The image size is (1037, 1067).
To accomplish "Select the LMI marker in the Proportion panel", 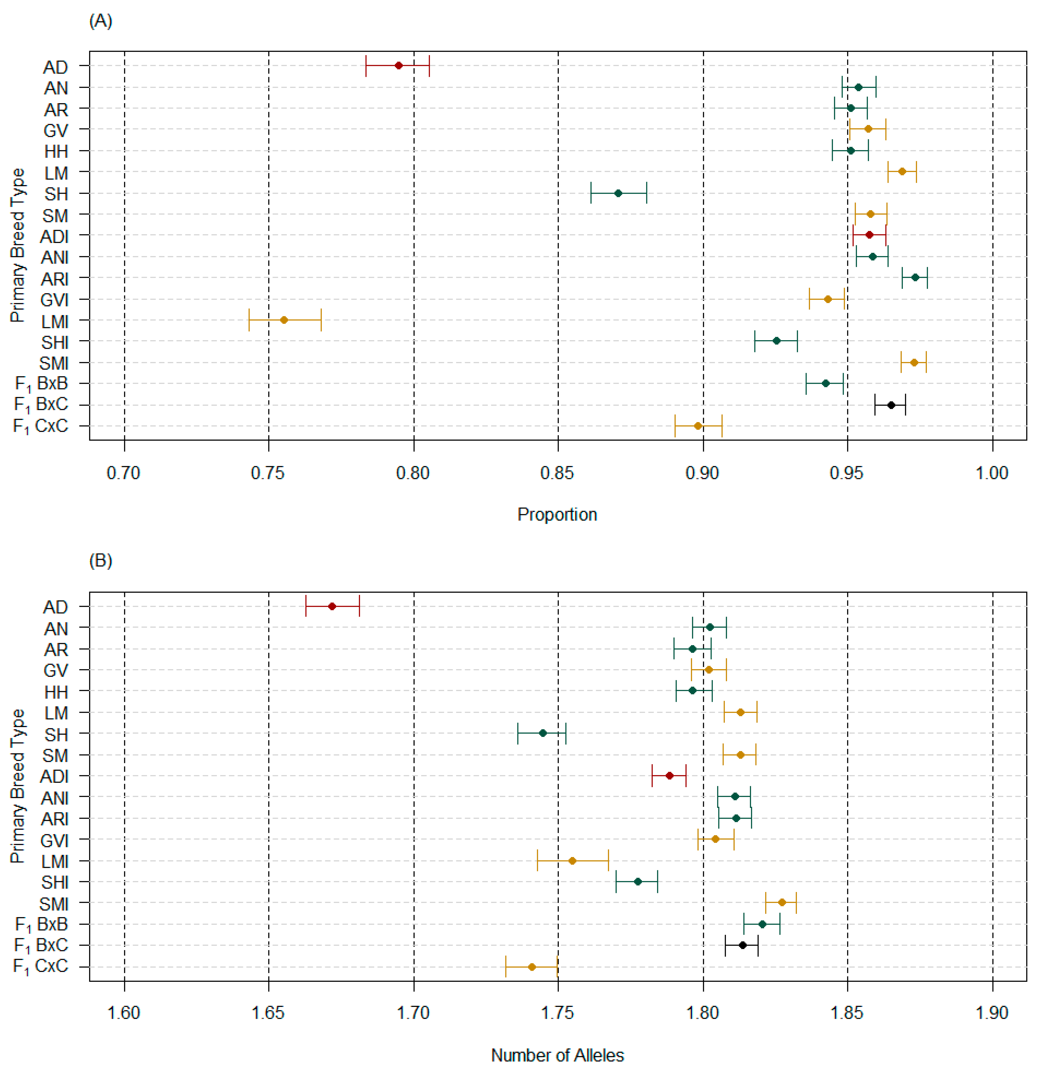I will coord(284,320).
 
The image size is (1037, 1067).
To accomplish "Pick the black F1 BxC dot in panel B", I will coord(742,945).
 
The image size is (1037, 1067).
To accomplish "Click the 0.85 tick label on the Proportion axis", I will coord(557,473).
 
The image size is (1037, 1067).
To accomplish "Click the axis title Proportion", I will coord(557,515).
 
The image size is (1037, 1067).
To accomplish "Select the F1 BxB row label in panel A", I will coord(41,384).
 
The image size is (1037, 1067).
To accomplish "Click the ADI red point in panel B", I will coord(669,776).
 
